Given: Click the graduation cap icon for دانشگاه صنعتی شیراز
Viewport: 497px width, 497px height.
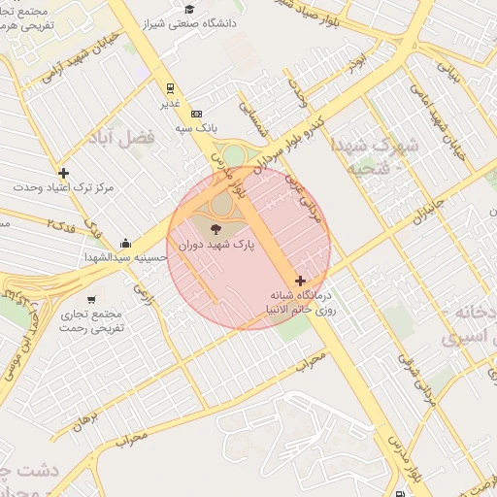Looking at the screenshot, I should [x=189, y=10].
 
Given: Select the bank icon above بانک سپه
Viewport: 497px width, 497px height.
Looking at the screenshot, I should [x=196, y=114].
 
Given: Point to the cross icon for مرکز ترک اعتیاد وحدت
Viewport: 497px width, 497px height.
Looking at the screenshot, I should [x=64, y=173].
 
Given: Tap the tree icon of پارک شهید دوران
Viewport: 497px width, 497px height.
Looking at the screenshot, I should [x=215, y=230].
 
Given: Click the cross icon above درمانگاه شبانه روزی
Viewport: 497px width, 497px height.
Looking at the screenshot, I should [x=300, y=281].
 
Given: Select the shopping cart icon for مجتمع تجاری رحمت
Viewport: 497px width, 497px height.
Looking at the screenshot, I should [x=91, y=299].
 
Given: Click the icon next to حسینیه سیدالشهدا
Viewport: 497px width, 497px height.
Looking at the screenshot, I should [x=126, y=243].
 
